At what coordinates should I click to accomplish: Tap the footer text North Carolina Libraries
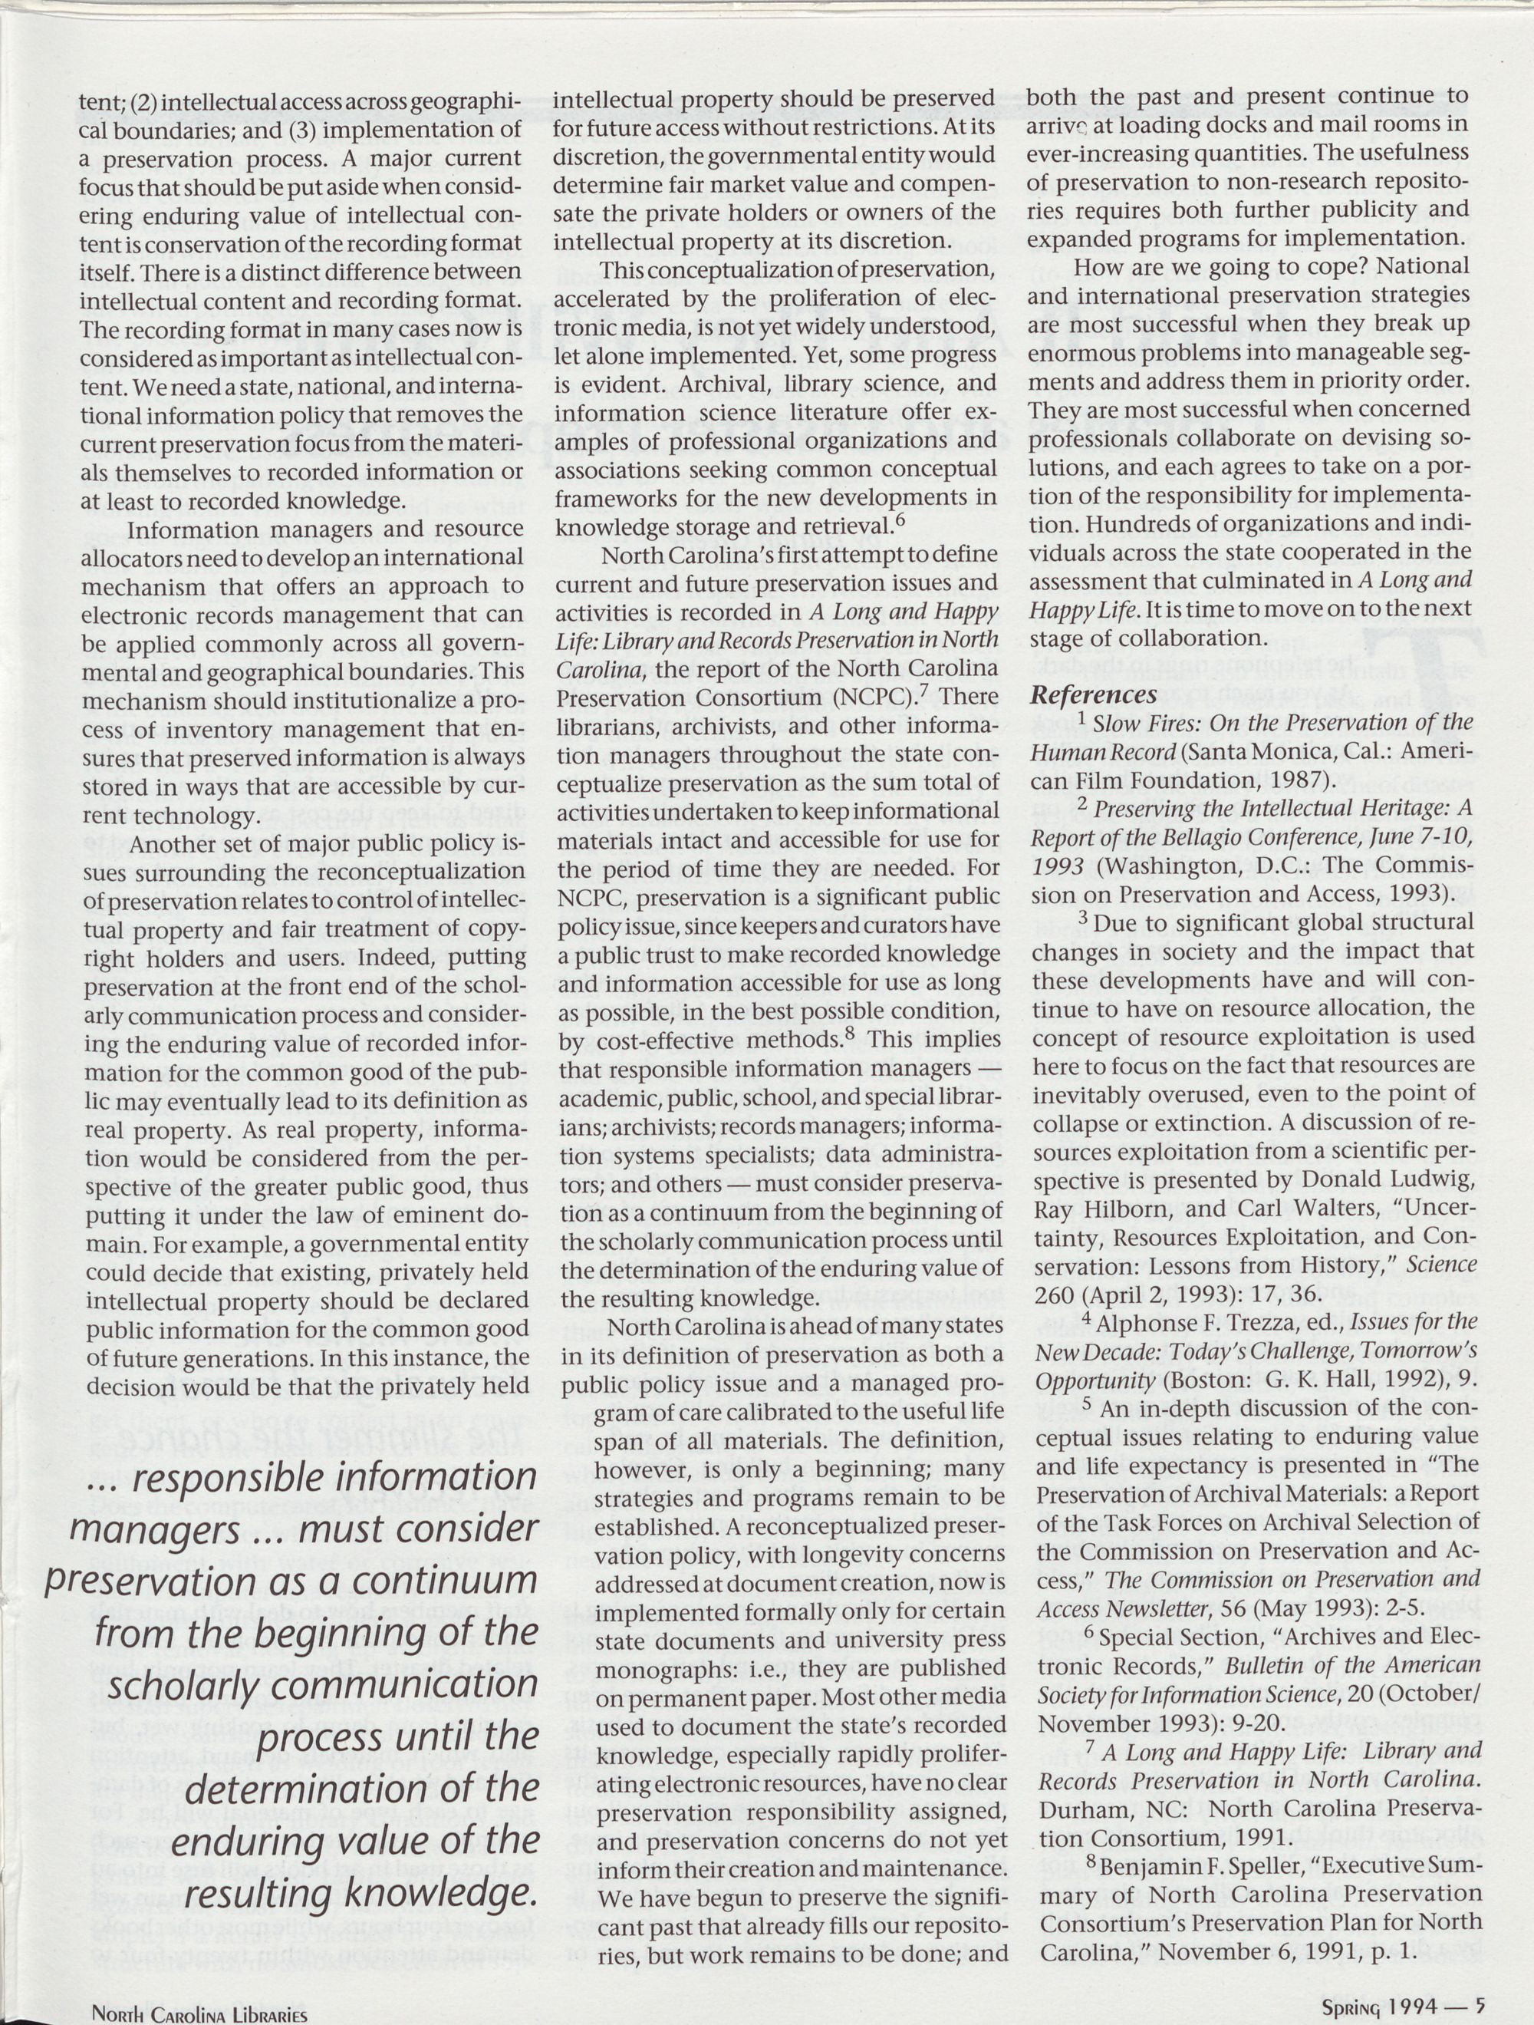tap(199, 2013)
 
